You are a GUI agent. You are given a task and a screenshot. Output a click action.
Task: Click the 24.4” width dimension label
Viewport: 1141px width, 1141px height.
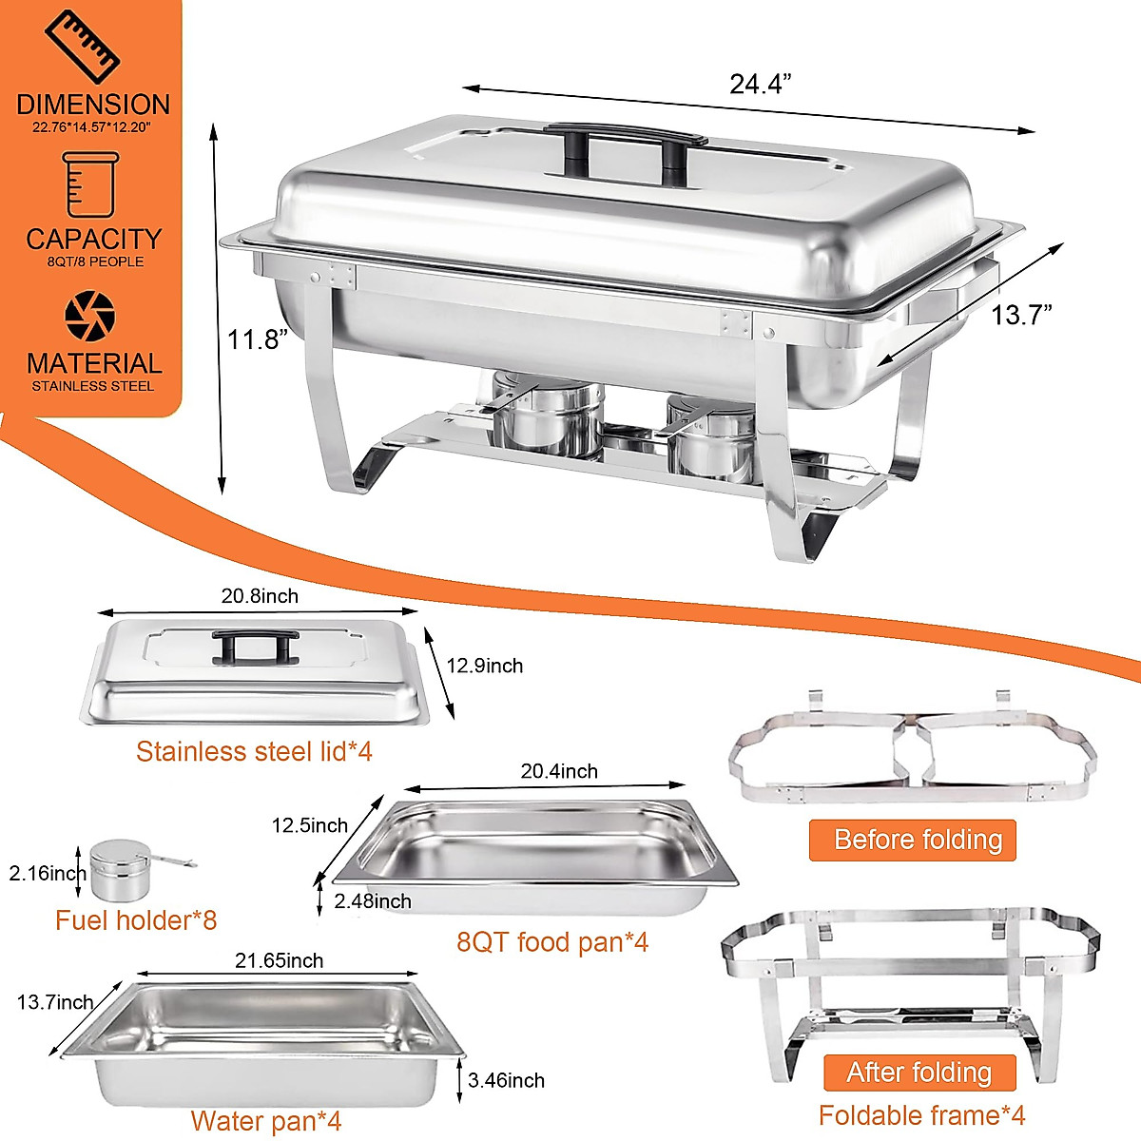click(760, 84)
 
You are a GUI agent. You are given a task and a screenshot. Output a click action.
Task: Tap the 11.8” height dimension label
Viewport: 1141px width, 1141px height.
click(257, 338)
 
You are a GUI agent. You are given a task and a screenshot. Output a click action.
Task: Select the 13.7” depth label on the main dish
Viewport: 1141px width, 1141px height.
click(1021, 315)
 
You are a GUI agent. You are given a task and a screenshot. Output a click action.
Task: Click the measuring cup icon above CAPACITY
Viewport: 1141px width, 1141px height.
click(91, 184)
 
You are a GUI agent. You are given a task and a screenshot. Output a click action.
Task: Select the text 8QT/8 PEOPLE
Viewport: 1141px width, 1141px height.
click(95, 261)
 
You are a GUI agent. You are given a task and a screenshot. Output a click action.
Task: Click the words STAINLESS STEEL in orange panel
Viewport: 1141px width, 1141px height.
click(93, 386)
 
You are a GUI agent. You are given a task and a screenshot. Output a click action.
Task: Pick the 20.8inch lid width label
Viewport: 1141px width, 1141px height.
click(260, 596)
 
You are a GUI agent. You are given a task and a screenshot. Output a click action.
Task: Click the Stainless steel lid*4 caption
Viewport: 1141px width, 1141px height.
click(254, 751)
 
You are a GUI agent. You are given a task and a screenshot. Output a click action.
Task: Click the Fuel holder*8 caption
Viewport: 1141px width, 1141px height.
click(136, 920)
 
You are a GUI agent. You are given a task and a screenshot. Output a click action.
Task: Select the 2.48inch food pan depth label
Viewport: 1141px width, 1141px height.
click(373, 900)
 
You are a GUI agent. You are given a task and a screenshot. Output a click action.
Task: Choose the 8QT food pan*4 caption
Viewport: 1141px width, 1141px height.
click(552, 942)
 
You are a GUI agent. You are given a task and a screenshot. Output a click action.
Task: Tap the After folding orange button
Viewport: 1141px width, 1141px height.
click(919, 1073)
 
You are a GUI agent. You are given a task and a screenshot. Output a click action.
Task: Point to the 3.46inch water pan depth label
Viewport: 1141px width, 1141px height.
click(507, 1080)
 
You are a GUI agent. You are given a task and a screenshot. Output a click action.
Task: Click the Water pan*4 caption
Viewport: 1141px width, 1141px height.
click(266, 1121)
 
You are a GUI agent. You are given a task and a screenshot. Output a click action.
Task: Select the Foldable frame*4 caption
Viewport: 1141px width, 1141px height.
click(921, 1115)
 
